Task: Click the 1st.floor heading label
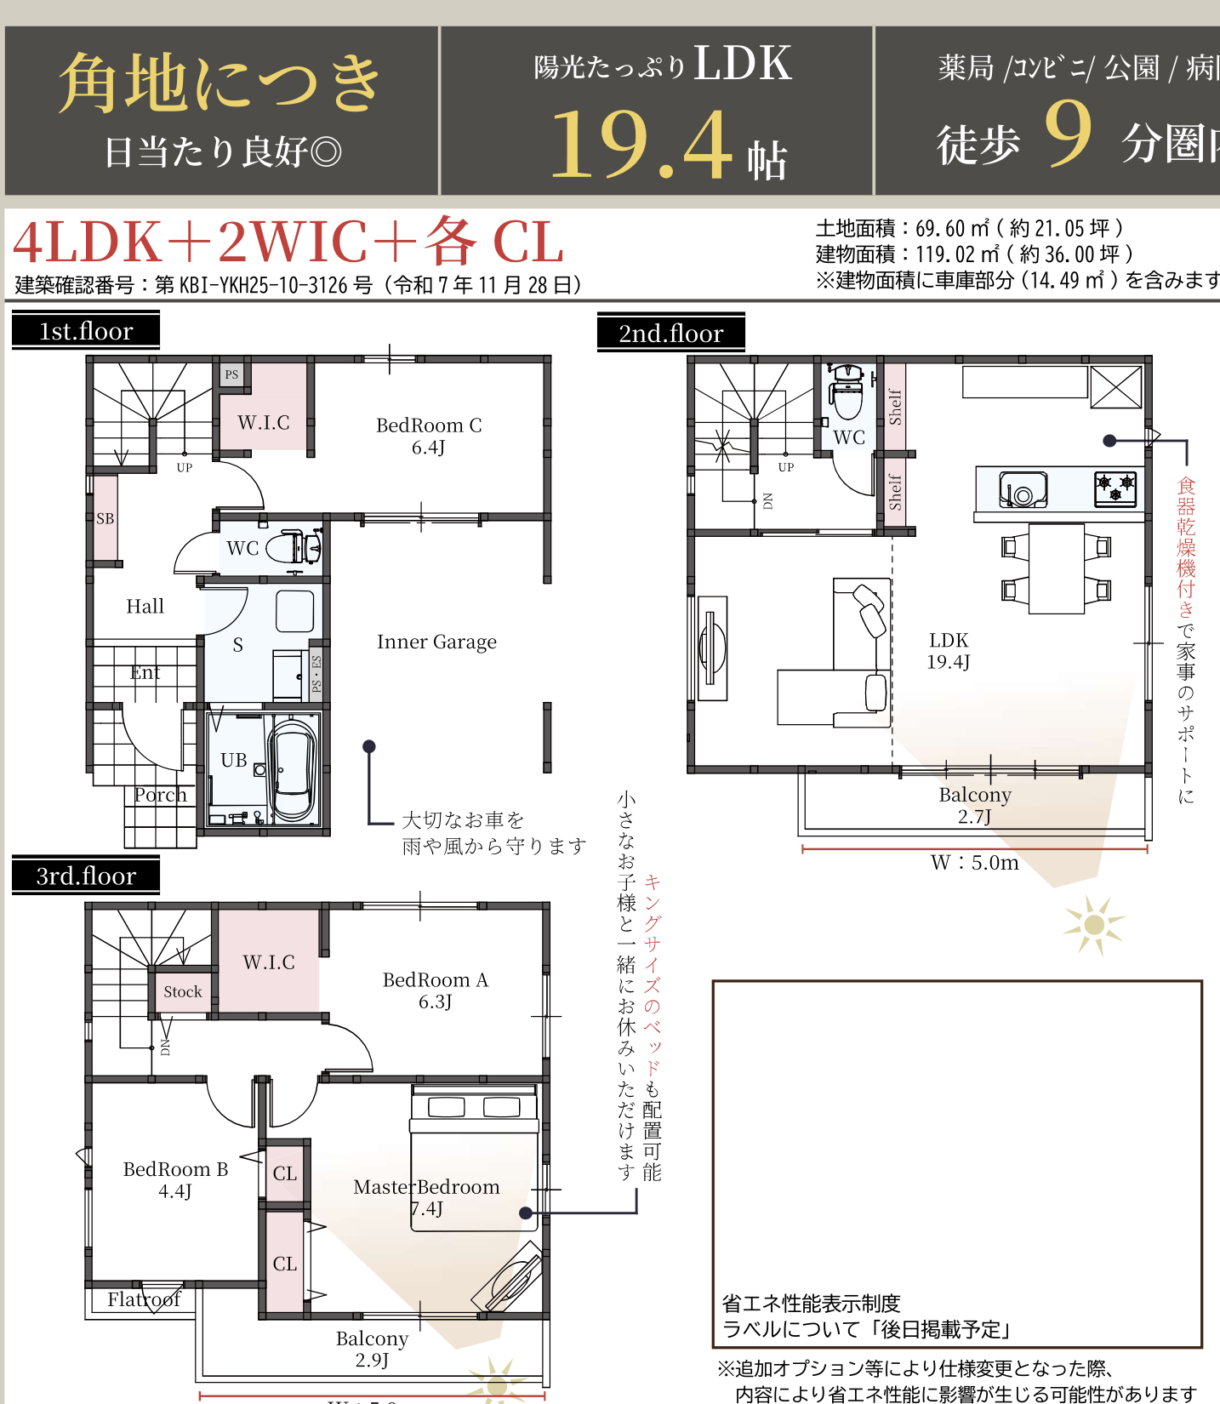(86, 331)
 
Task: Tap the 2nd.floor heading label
(670, 334)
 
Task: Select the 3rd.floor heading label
(86, 876)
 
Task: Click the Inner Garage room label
(436, 642)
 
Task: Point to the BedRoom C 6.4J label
(429, 436)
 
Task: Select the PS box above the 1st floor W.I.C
(231, 374)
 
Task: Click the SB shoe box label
(105, 518)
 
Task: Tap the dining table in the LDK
(1056, 568)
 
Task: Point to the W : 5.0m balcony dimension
(974, 862)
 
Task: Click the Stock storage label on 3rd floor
(182, 992)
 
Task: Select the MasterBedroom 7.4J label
(426, 1196)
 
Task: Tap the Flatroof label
(144, 1299)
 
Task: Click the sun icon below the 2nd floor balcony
(1093, 925)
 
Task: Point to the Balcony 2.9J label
(372, 1349)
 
